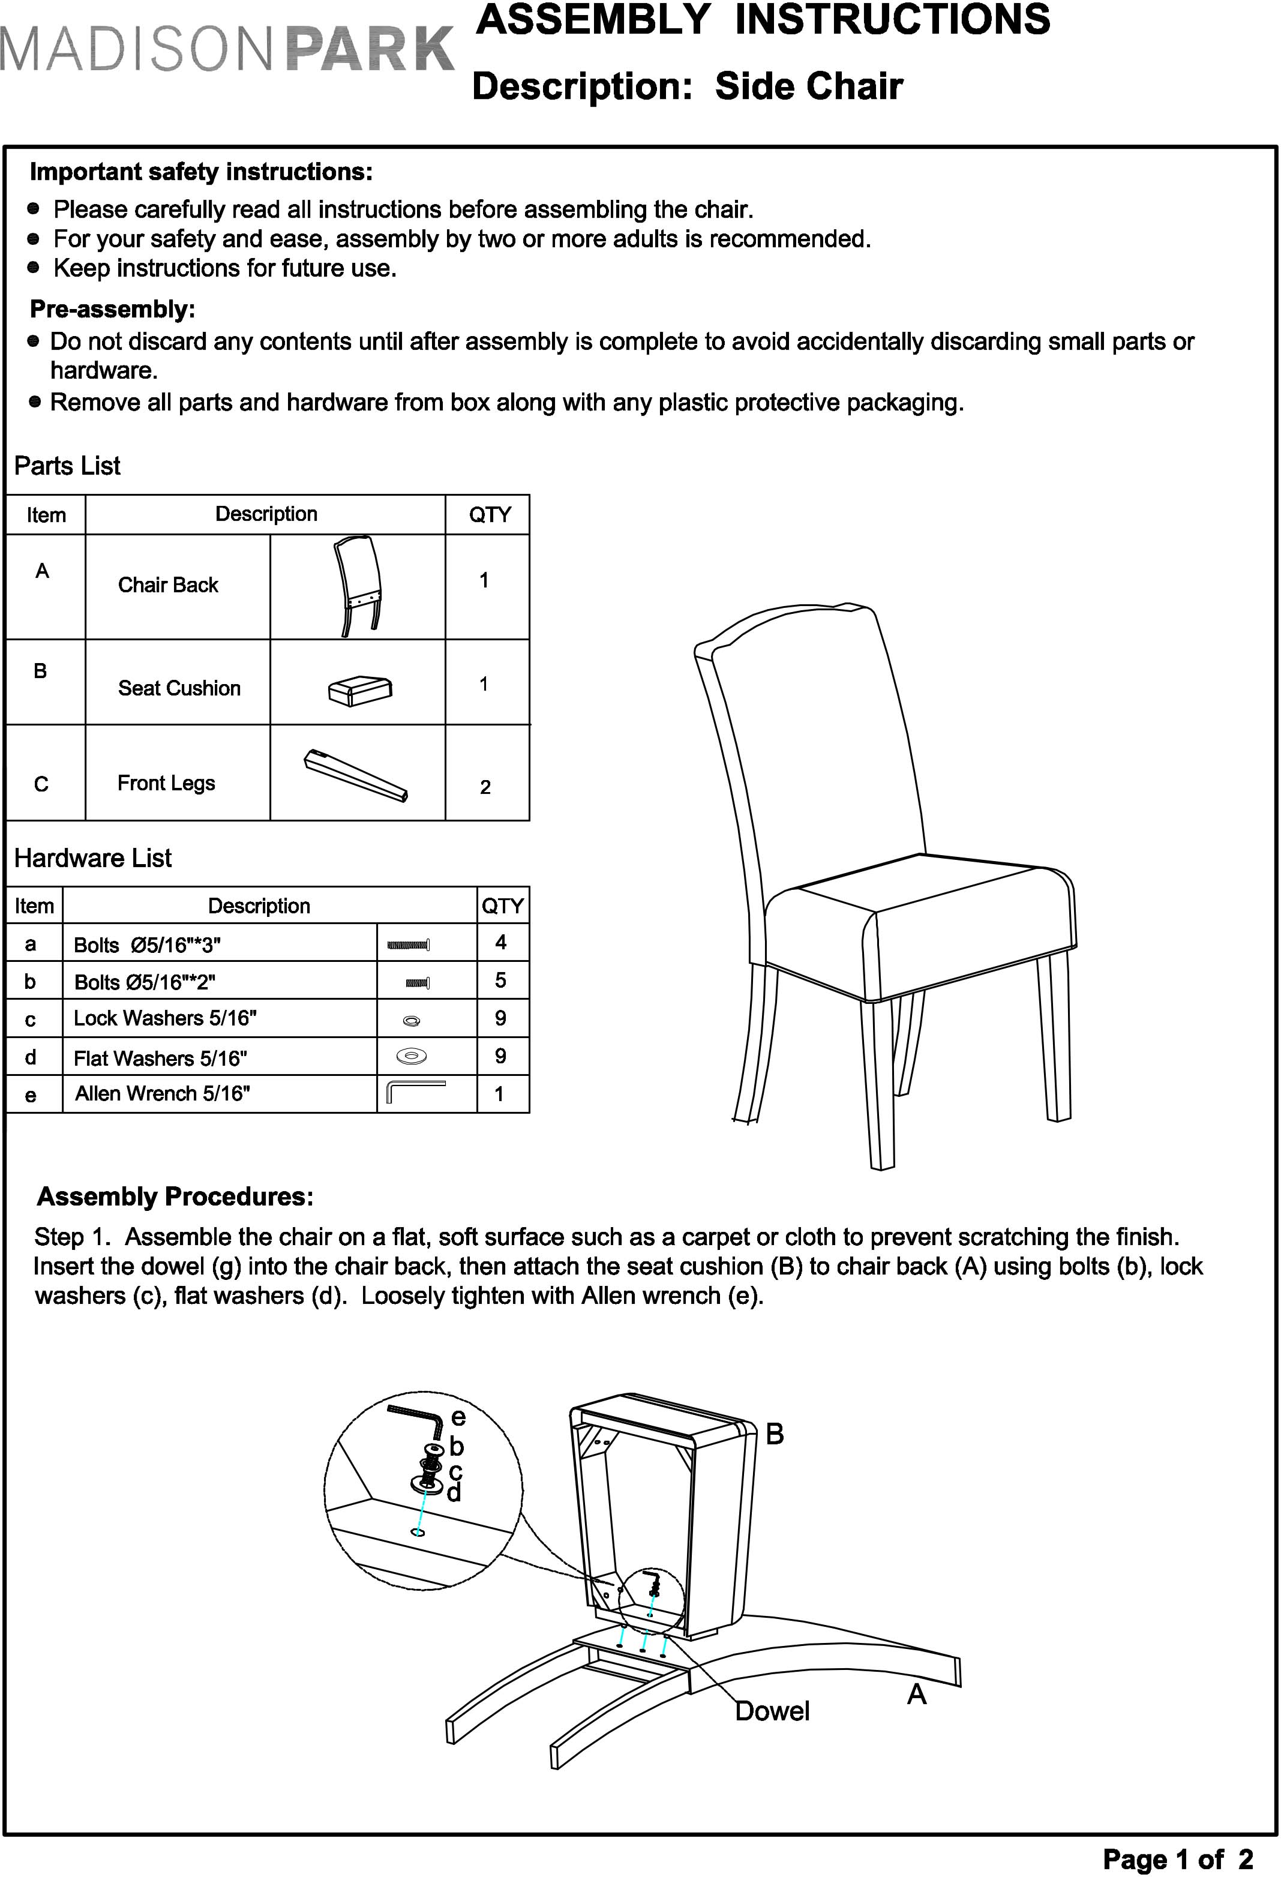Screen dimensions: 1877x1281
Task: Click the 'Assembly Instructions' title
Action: coord(763,20)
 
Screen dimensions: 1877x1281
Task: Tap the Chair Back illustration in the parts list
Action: coord(358,586)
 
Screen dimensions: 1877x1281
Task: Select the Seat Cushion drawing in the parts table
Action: coord(360,689)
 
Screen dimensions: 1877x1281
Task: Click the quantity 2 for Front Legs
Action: coord(485,787)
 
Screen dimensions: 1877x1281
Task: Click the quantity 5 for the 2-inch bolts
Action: coord(501,980)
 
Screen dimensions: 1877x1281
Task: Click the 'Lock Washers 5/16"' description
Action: coord(165,1018)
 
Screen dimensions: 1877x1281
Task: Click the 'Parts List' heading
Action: coord(67,466)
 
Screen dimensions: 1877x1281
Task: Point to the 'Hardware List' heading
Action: coord(93,857)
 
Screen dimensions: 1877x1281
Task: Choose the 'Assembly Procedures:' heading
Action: coord(175,1196)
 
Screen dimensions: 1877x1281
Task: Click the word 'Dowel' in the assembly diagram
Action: coord(772,1711)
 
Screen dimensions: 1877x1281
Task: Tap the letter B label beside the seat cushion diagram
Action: coord(774,1434)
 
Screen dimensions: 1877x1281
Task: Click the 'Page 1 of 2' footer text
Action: coord(1178,1858)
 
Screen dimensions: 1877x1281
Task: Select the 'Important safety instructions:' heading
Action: coord(201,172)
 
